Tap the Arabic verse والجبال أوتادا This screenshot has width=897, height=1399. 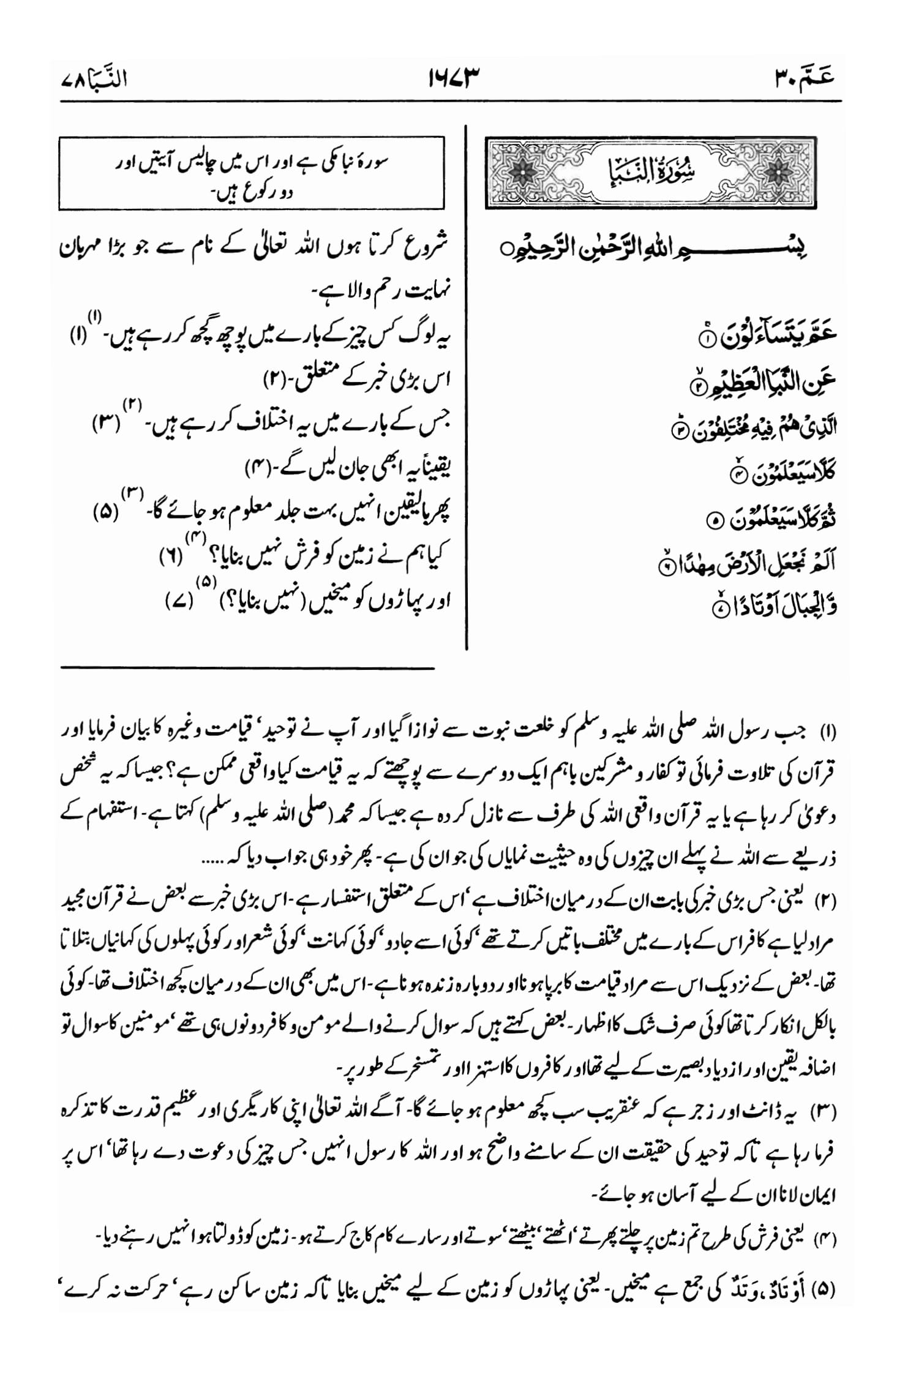point(773,606)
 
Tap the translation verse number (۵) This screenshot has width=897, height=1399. point(107,512)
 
